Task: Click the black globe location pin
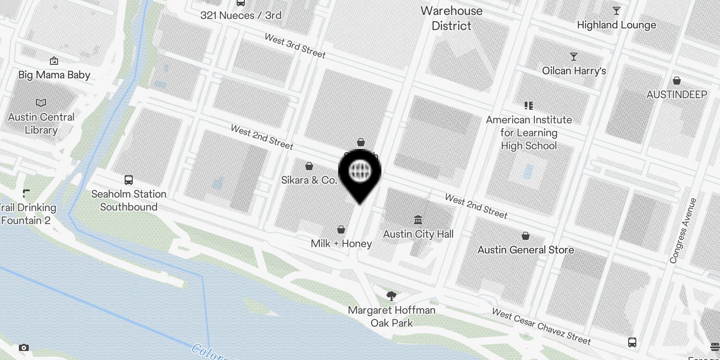pos(360,173)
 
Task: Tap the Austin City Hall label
pos(418,234)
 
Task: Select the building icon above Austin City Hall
pos(418,220)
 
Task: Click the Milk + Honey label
pos(341,243)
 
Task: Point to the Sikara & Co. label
pos(309,180)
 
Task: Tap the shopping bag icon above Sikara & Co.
pos(309,166)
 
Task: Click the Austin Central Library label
pos(41,123)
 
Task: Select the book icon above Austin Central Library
pos(41,103)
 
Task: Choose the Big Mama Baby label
pos(54,75)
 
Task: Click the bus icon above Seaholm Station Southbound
pos(129,180)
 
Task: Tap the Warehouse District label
pos(451,18)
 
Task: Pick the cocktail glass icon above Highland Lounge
pos(616,11)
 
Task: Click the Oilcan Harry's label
pos(574,71)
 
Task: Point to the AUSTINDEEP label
pos(677,94)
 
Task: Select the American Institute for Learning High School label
pos(529,133)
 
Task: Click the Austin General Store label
pos(526,250)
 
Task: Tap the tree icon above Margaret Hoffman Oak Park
pos(391,296)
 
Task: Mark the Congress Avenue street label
pos(683,230)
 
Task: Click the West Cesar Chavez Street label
pos(541,326)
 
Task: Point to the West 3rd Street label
pos(295,46)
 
